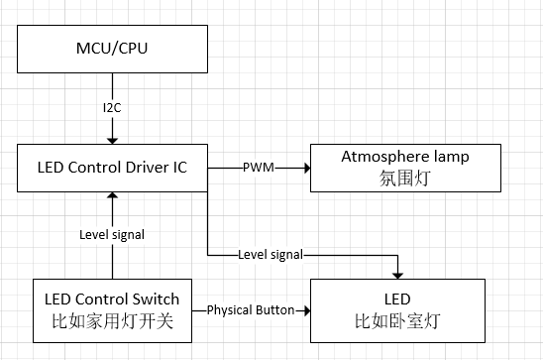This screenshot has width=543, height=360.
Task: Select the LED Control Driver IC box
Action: click(112, 167)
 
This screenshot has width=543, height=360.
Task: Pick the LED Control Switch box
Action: click(112, 308)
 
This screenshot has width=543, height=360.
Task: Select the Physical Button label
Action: click(250, 309)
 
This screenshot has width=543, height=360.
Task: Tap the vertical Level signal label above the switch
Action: click(112, 235)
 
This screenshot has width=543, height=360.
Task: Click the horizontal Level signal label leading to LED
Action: click(271, 255)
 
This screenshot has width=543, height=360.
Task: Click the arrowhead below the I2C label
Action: click(112, 137)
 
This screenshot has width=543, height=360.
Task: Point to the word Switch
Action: click(157, 299)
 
